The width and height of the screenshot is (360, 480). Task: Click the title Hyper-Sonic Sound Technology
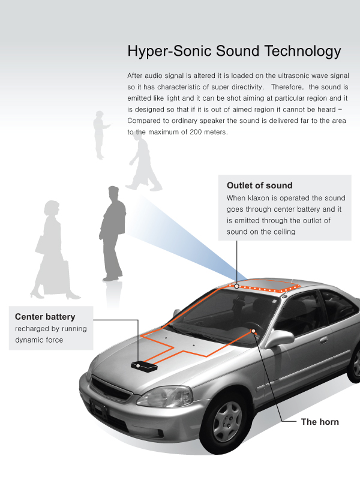click(x=234, y=51)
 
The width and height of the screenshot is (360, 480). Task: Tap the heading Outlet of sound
click(x=260, y=185)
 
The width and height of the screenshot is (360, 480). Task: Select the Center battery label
click(x=45, y=317)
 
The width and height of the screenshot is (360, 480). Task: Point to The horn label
click(x=320, y=422)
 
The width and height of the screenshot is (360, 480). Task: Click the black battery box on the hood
click(x=144, y=366)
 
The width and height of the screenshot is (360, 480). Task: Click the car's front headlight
click(x=165, y=396)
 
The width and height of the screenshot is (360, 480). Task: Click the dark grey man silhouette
click(x=113, y=233)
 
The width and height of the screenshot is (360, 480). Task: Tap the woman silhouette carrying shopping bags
click(x=53, y=250)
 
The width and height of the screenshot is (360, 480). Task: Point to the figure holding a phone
click(x=100, y=134)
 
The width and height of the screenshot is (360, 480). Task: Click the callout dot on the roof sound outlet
click(x=236, y=286)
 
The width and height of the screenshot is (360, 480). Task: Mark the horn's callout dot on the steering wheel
click(x=253, y=331)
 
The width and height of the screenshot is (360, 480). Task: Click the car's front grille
click(x=111, y=386)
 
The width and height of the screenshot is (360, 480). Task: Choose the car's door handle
click(x=323, y=340)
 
